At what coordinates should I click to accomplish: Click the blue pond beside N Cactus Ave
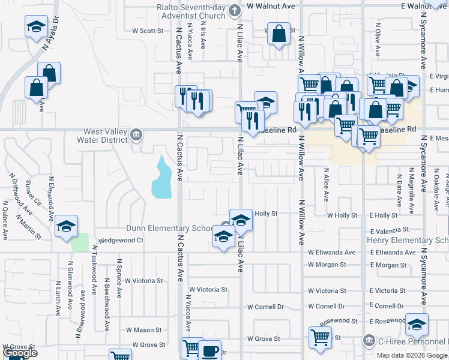point(161,179)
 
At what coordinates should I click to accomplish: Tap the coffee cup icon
point(210,350)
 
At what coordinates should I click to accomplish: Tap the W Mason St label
point(143,329)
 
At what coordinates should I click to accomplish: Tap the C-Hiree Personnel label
point(412,342)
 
